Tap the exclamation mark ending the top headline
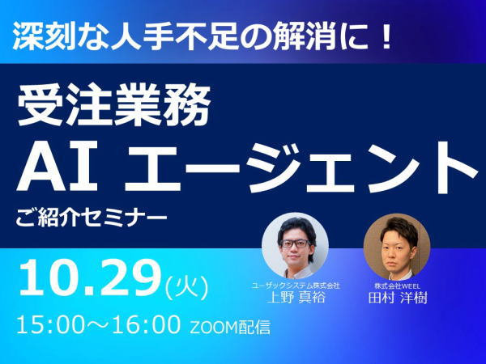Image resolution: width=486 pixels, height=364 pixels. click(386, 37)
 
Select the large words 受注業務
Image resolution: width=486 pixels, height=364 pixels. click(113, 104)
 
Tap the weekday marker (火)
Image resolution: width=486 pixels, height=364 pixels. click(187, 287)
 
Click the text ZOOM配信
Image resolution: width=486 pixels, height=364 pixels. click(230, 328)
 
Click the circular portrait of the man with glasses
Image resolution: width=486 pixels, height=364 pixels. click(295, 246)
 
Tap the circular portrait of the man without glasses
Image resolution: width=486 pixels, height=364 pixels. click(397, 247)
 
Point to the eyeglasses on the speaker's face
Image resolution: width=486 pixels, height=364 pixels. click(295, 243)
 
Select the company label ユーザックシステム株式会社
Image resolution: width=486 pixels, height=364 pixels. click(296, 285)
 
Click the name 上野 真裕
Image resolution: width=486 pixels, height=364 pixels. click(296, 297)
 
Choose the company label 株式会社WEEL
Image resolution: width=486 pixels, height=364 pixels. click(397, 286)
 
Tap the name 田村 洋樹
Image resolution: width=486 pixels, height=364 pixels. click(398, 298)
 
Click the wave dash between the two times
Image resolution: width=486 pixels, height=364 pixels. click(98, 324)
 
